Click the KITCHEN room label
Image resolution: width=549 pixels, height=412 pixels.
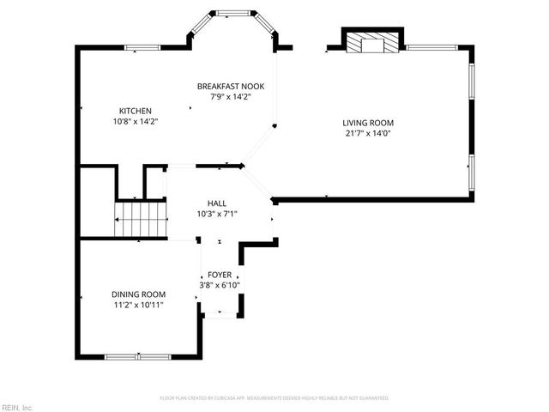(136, 111)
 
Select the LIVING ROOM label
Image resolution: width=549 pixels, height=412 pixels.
(369, 122)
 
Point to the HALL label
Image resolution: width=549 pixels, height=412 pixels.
(216, 203)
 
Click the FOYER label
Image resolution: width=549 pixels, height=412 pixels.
(219, 274)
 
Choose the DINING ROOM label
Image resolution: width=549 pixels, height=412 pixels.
(138, 294)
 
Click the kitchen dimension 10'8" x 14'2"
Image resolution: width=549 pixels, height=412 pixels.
(136, 122)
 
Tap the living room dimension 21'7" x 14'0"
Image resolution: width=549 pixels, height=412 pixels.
(369, 133)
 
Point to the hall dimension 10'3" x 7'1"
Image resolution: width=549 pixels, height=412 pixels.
(216, 214)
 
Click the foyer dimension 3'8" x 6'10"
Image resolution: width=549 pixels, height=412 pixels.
(219, 285)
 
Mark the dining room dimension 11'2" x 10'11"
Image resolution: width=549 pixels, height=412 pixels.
(138, 305)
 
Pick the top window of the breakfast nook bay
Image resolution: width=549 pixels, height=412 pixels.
(233, 13)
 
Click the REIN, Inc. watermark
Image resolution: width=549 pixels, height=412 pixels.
(16, 406)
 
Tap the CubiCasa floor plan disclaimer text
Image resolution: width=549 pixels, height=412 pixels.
(274, 398)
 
